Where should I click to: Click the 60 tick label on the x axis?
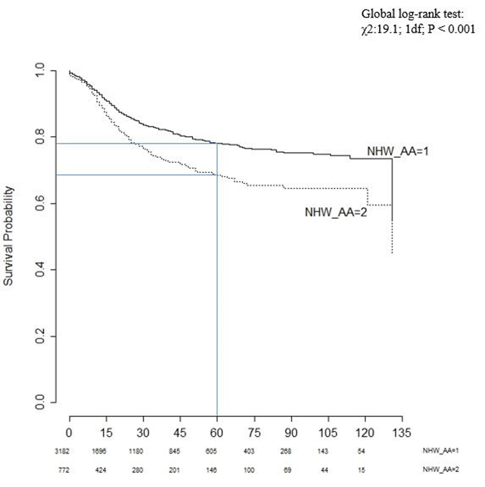point(217,433)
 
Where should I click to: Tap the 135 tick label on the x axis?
point(402,433)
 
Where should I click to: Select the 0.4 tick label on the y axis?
point(40,269)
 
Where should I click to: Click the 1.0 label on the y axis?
point(40,71)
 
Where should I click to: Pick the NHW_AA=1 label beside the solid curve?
point(397,151)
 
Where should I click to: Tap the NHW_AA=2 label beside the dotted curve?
point(335,212)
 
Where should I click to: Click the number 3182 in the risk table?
point(62,451)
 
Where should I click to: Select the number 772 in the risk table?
point(64,470)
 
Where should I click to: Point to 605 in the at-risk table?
point(211,451)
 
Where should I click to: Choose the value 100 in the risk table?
point(249,470)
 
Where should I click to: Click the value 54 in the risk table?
point(361,451)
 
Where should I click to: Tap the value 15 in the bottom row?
point(361,470)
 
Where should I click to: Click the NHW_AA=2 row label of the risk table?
point(441,470)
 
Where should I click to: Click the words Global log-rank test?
point(412,14)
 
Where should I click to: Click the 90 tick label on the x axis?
point(291,433)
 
